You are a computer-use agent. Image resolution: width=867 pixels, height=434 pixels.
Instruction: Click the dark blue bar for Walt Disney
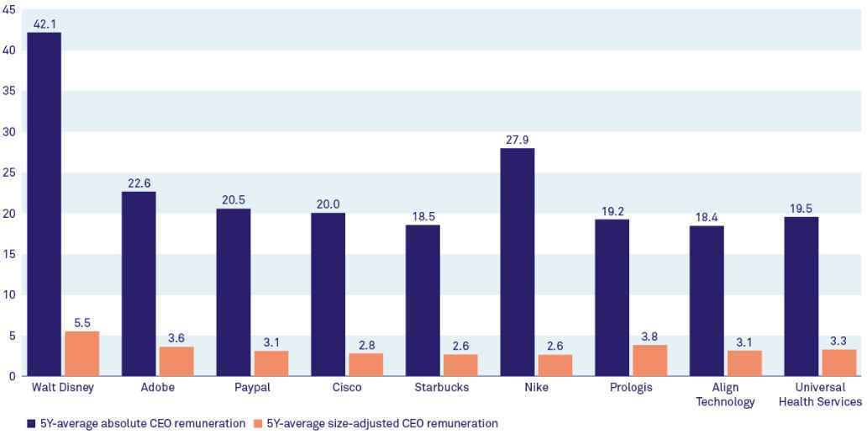click(x=44, y=204)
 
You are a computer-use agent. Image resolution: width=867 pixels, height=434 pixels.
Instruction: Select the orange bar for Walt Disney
click(x=81, y=353)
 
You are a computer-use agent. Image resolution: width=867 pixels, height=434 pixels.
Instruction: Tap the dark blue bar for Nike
click(x=517, y=262)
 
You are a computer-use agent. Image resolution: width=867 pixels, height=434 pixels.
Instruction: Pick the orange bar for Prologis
click(x=649, y=360)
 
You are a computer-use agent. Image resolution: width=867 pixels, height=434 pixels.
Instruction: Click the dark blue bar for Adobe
click(x=139, y=283)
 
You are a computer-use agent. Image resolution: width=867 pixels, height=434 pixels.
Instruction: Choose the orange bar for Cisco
click(x=365, y=364)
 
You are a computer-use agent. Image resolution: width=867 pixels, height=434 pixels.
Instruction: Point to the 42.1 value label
click(x=44, y=24)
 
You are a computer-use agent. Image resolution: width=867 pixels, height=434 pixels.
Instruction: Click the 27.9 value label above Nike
click(x=517, y=140)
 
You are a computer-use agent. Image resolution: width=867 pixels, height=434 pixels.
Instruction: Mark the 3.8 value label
click(x=649, y=336)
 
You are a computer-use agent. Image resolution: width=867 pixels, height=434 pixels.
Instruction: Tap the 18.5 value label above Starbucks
click(x=423, y=216)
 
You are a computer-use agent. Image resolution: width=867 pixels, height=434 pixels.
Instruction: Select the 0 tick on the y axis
click(x=12, y=376)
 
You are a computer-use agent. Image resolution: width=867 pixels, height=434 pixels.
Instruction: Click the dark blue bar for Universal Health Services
click(x=801, y=296)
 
